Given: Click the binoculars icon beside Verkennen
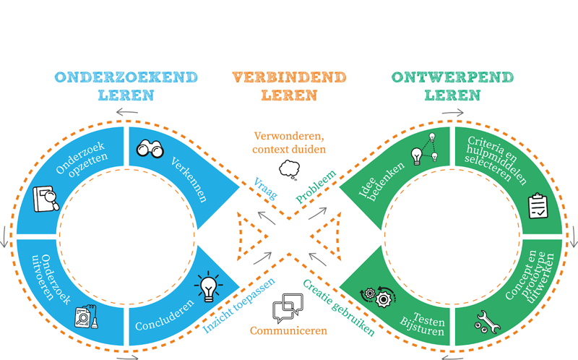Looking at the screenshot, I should [x=152, y=148].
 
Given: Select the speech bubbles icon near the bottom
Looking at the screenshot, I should [x=288, y=308].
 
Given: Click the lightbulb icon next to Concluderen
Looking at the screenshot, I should [x=209, y=288].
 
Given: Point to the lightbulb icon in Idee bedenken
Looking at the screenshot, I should [x=418, y=154].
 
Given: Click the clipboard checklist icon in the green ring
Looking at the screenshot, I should [x=538, y=205].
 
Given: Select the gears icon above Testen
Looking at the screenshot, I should [x=377, y=296].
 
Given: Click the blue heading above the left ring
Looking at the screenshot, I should [x=126, y=86].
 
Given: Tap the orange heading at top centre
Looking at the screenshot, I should [x=289, y=86].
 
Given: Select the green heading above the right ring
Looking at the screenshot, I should [x=452, y=86].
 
